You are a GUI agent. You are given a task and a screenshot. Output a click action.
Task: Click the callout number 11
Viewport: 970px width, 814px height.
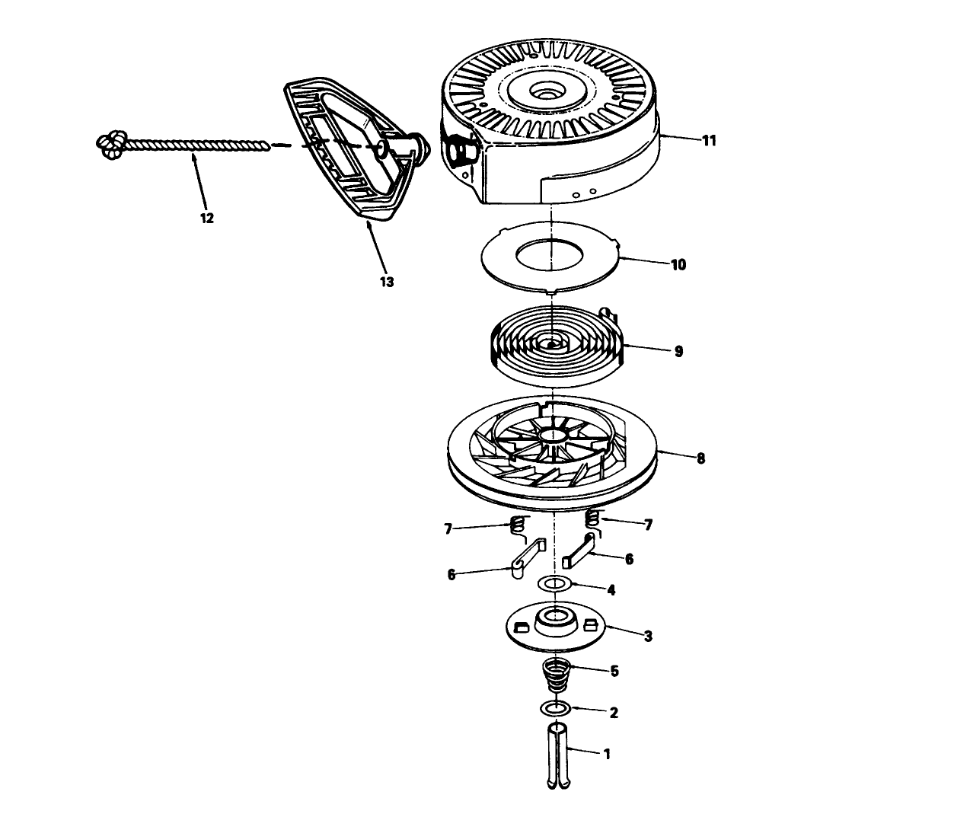point(710,141)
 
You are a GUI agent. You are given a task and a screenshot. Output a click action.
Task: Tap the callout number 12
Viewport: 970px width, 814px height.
point(206,219)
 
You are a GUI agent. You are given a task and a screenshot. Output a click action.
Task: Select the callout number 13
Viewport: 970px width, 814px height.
point(387,282)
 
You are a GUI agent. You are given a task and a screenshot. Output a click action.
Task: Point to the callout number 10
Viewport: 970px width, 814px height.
point(678,265)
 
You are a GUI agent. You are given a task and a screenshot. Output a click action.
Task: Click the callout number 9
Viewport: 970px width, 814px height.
point(678,352)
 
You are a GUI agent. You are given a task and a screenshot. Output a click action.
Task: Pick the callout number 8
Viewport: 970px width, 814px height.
point(700,458)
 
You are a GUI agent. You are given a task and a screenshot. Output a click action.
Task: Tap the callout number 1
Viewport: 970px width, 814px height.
point(607,755)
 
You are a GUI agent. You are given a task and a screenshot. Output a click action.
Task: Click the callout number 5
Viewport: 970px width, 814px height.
point(614,672)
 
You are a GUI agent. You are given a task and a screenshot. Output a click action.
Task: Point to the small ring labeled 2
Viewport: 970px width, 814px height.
point(555,709)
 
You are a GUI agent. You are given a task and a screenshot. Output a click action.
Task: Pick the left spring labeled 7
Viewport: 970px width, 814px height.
point(515,525)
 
